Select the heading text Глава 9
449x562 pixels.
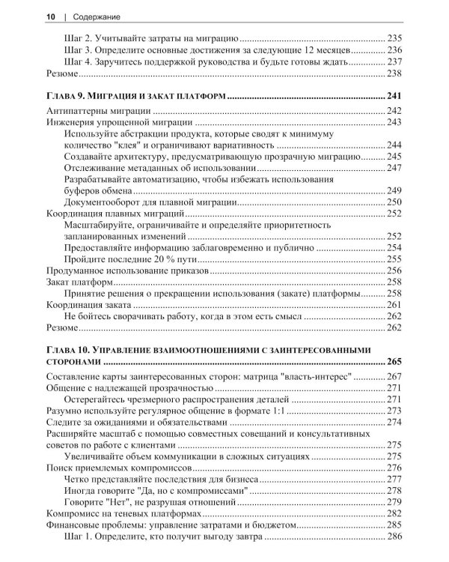pos(68,97)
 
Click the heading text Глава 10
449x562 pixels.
pos(71,348)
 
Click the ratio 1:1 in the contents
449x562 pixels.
pos(278,411)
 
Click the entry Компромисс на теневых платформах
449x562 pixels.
pos(123,513)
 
